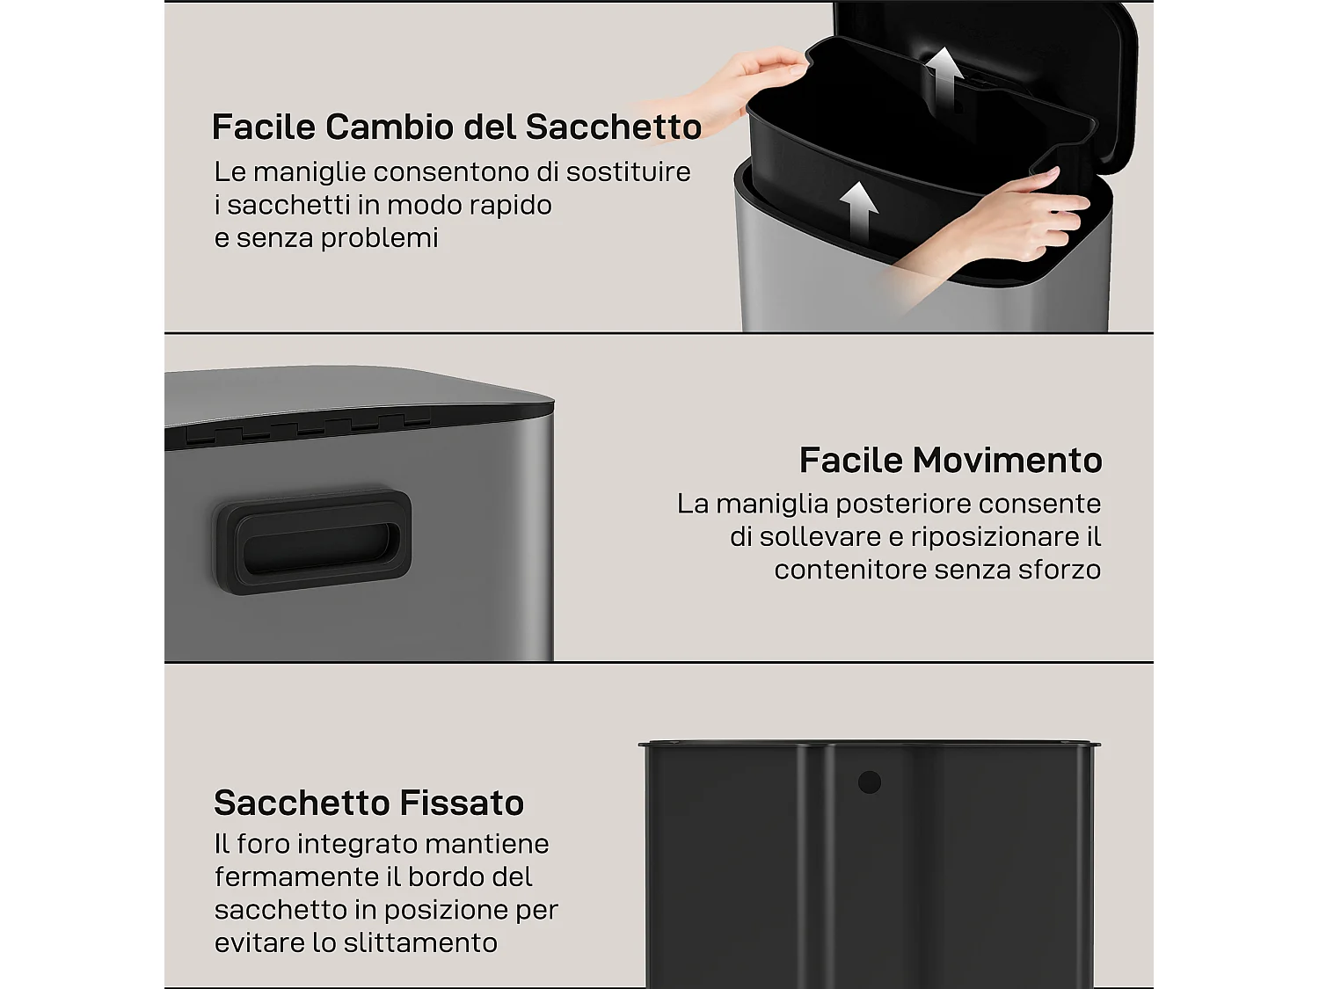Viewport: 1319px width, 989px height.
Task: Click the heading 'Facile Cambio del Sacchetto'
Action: [456, 127]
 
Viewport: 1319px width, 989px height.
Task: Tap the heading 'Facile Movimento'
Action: [951, 461]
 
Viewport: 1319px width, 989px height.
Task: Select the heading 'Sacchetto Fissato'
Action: [368, 804]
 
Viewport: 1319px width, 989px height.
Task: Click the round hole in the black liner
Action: [869, 782]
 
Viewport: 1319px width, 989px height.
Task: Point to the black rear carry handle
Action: [312, 542]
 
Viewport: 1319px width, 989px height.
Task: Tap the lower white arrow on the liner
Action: [858, 208]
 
